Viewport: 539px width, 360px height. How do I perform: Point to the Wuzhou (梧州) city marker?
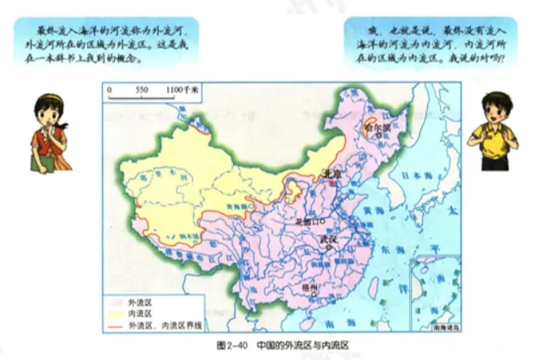click(314, 294)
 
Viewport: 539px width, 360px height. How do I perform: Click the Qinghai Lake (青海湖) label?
click(239, 205)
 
